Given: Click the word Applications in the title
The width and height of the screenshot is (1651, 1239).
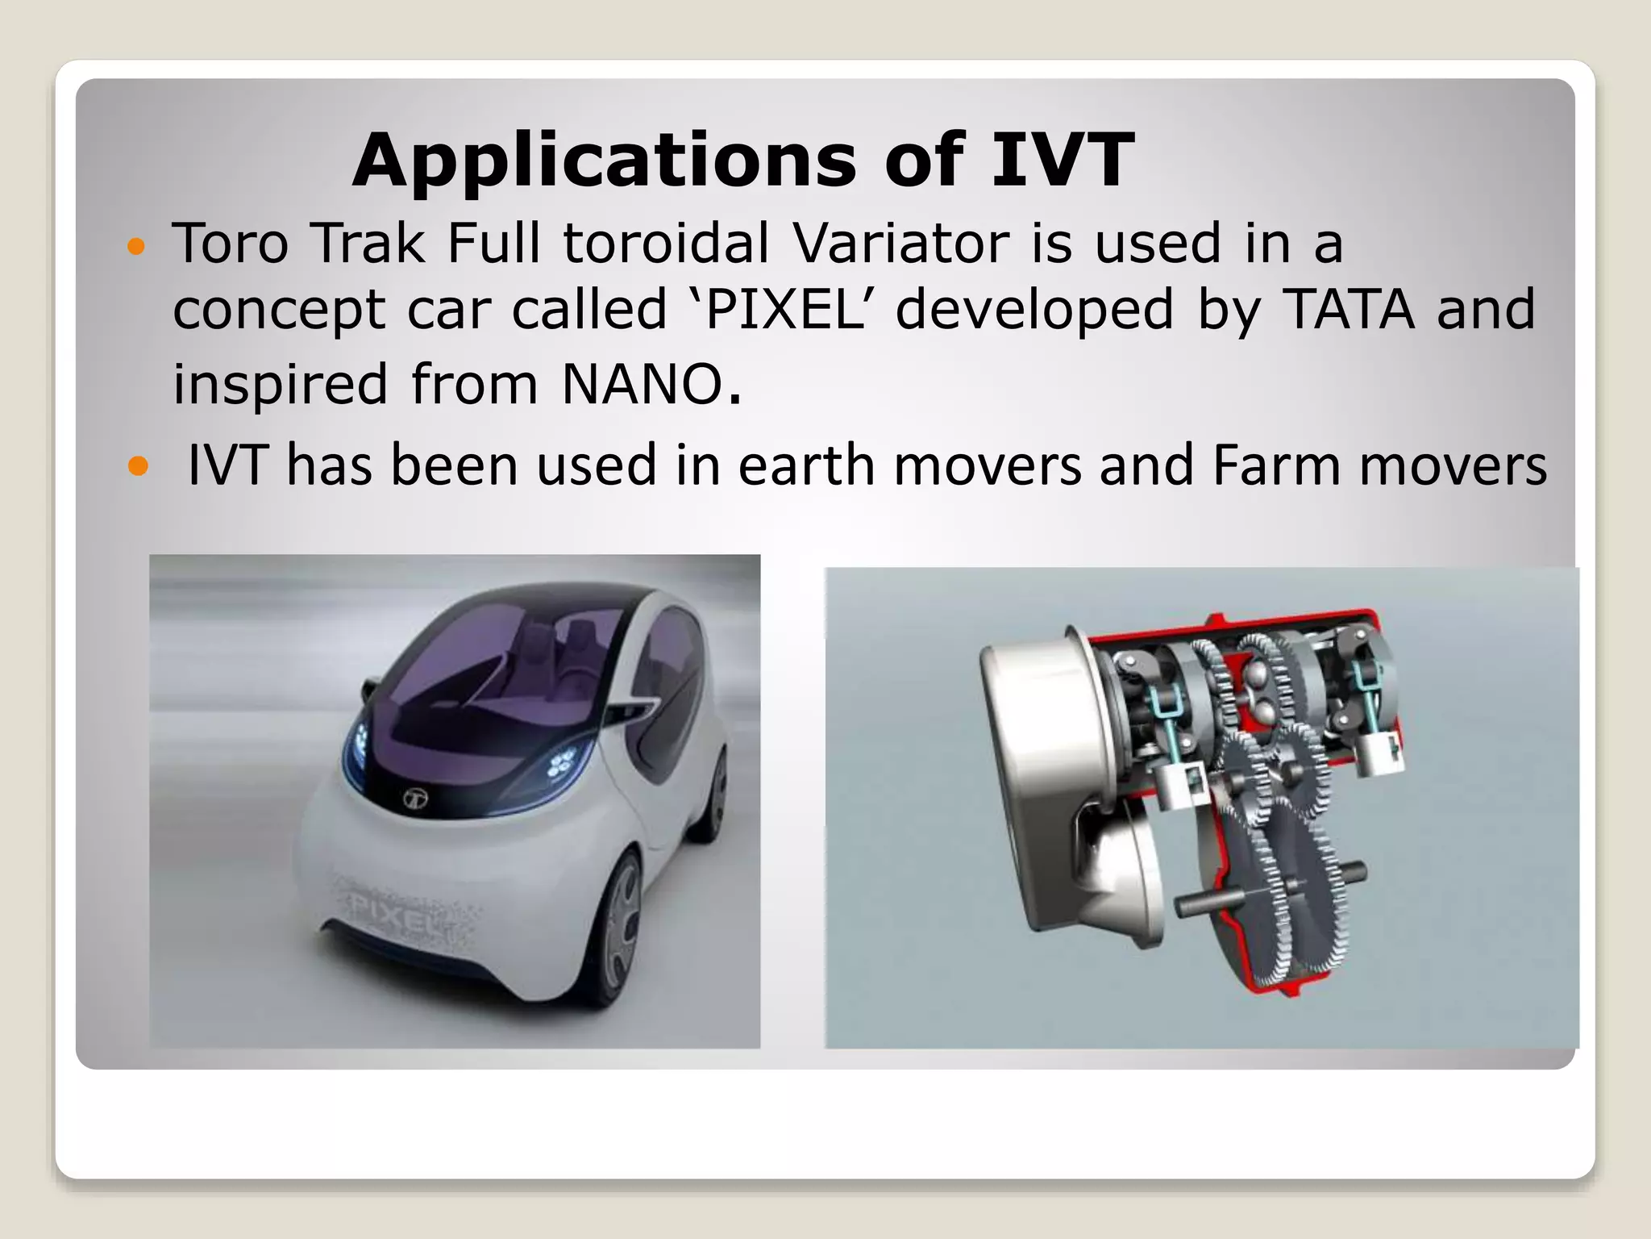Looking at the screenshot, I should coord(603,161).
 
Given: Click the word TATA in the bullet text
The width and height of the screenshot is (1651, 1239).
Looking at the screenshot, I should coord(1348,310).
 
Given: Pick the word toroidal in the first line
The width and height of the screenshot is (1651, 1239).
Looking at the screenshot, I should coord(666,243).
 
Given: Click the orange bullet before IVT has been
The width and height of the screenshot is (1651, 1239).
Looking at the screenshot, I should coord(139,465).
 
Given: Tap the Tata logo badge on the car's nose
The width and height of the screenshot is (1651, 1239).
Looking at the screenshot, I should coord(414,799).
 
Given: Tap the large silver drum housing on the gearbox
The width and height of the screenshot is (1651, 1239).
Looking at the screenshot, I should coord(1040,726).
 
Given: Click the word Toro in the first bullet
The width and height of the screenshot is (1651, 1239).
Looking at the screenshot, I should coord(230,243).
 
